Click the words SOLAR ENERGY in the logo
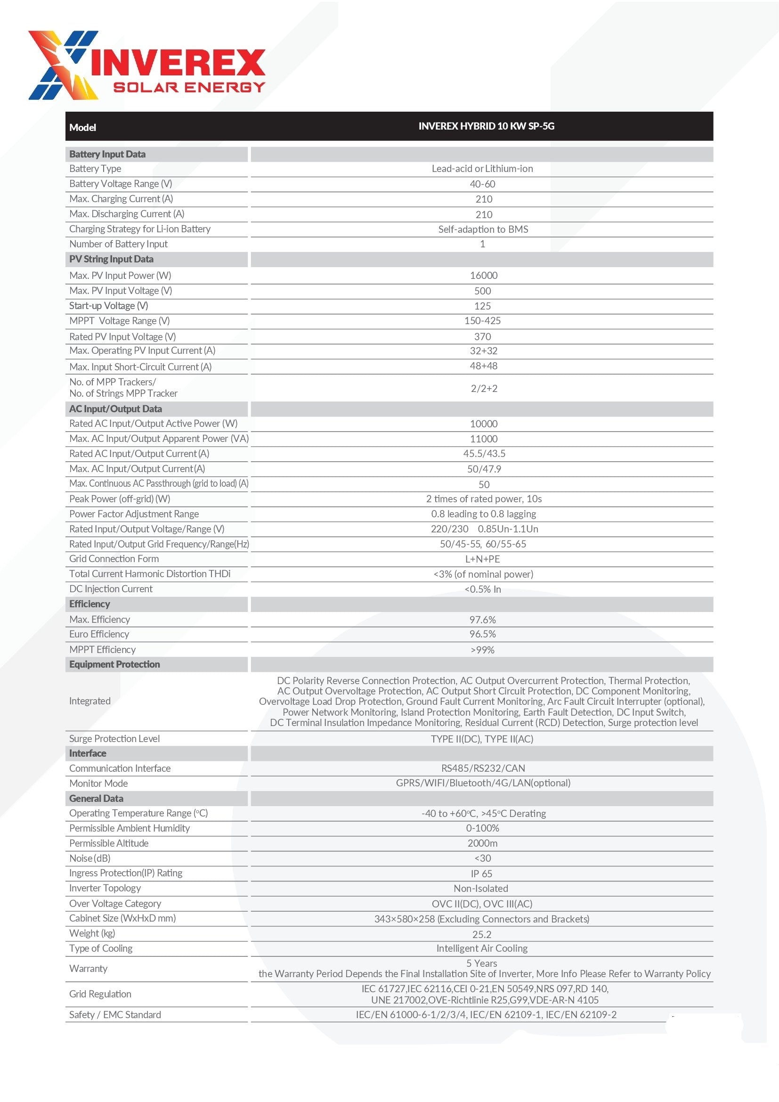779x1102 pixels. [189, 87]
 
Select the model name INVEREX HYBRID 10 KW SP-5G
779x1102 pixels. [486, 126]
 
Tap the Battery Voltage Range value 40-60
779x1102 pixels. [482, 184]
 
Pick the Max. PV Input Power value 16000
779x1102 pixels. [484, 276]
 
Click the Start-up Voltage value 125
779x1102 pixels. [482, 306]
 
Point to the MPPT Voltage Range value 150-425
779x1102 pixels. [482, 321]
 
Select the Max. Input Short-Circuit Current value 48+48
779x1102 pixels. [484, 366]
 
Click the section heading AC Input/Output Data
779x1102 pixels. [115, 409]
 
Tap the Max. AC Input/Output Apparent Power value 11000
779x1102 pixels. [484, 439]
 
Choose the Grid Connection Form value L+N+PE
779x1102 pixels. [482, 559]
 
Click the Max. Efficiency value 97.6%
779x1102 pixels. [482, 620]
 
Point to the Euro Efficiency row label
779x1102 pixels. [99, 635]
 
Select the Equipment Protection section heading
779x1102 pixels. [114, 665]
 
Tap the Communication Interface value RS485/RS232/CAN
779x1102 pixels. [483, 768]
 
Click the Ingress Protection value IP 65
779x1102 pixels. [481, 874]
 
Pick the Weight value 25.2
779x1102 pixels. [482, 934]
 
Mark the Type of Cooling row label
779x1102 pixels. [101, 948]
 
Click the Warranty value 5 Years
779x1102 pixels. [482, 963]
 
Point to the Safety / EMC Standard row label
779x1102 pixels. [115, 1015]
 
